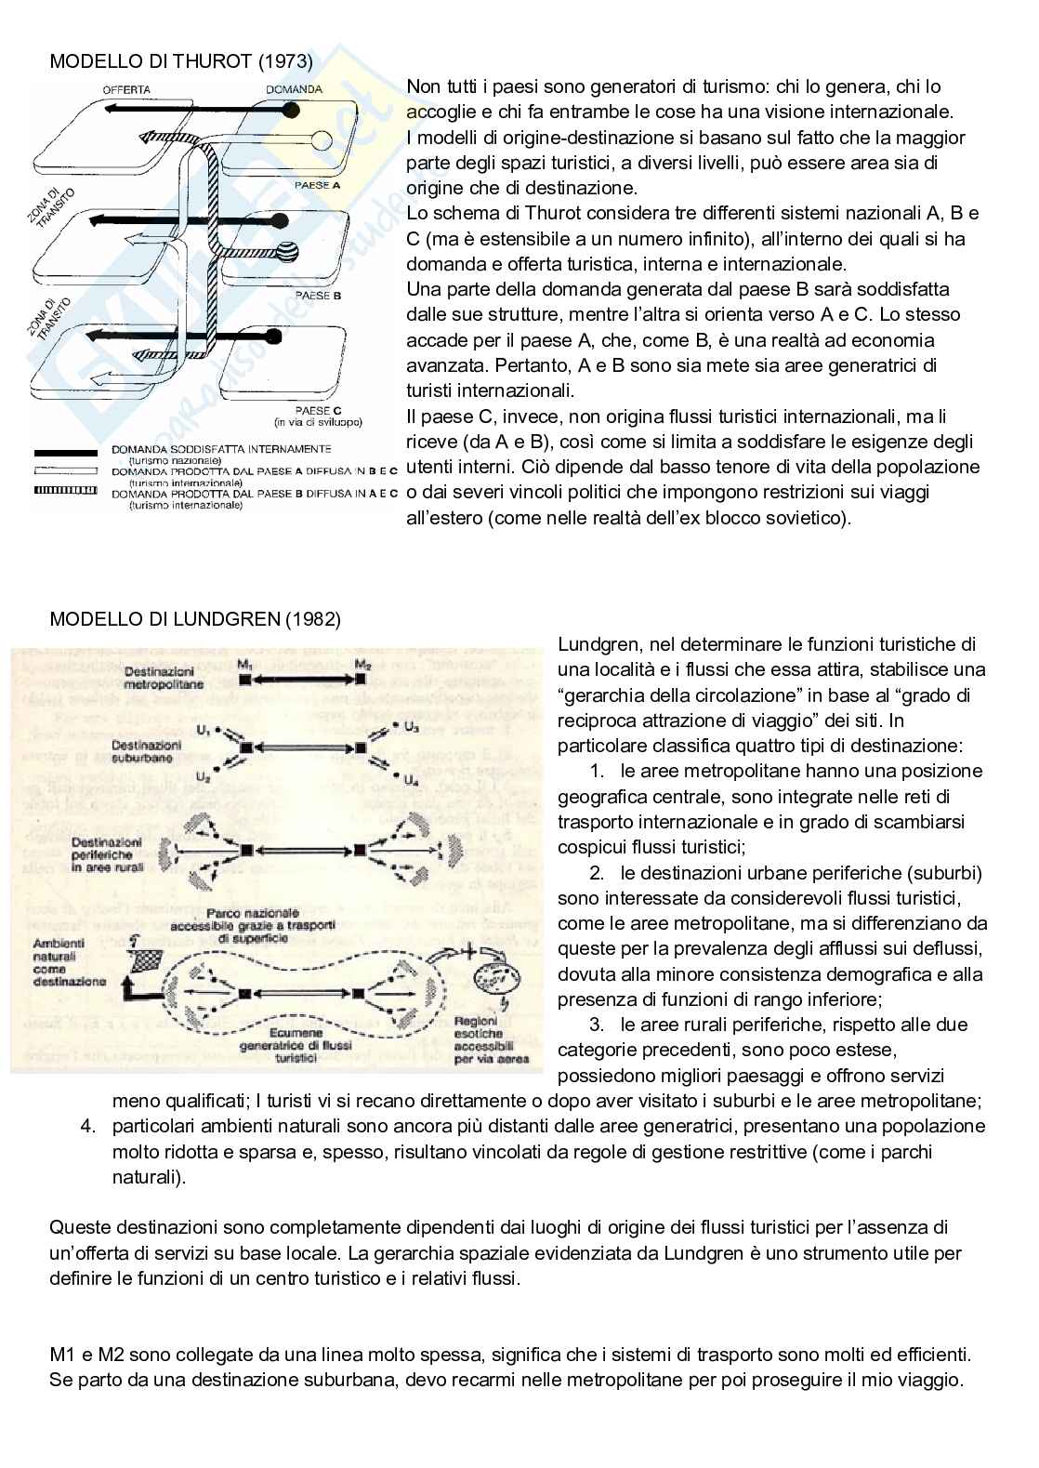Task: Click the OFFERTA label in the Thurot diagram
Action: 126,90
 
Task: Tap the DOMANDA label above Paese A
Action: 294,90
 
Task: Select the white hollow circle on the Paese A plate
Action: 322,141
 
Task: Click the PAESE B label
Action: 319,296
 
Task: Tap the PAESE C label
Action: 319,409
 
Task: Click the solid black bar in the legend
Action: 65,452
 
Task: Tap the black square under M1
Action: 245,680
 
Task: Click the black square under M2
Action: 362,680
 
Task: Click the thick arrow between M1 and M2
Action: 303,680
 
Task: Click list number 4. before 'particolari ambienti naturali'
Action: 89,1127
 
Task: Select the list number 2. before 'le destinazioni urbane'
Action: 597,873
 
